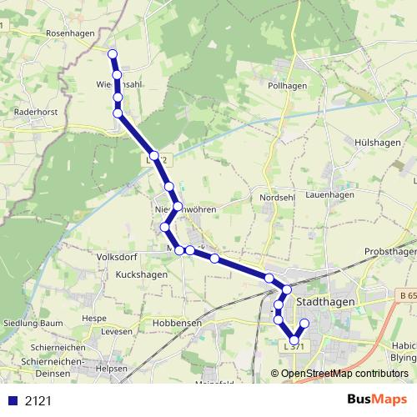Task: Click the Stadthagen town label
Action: tap(326, 301)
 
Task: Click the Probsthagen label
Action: tap(390, 252)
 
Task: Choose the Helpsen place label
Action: tap(113, 368)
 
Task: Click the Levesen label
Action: tap(116, 332)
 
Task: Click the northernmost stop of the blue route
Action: tap(113, 55)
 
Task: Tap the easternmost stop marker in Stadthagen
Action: tap(304, 324)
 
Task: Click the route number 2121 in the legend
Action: tap(38, 400)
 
